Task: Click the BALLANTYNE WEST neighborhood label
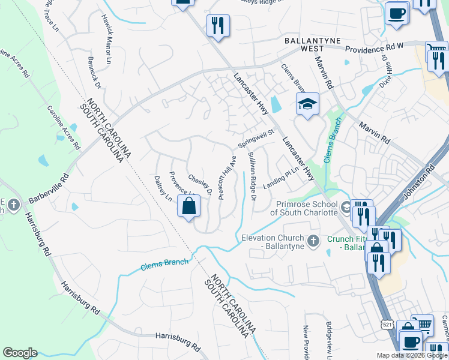(x=312, y=45)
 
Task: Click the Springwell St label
(x=256, y=139)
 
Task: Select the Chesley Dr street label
(x=200, y=185)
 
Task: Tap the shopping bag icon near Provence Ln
(x=189, y=206)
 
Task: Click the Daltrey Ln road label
(x=163, y=188)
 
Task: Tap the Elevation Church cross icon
(x=312, y=241)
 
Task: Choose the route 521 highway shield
(x=386, y=324)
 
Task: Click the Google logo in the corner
(x=20, y=353)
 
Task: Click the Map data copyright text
(x=412, y=355)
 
